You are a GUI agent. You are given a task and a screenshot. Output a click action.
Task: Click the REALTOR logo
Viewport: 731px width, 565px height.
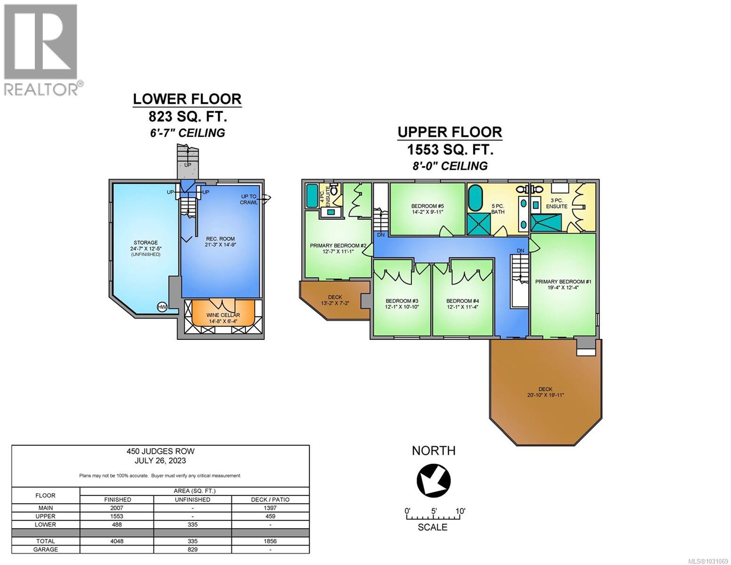point(41,49)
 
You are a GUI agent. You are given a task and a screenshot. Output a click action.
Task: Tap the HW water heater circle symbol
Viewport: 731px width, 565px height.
point(162,307)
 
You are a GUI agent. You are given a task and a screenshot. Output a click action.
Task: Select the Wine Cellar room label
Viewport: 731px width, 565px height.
point(223,318)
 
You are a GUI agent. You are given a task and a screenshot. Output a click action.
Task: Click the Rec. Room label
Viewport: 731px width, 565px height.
point(220,242)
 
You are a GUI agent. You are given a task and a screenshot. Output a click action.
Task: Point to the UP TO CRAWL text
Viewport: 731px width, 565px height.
point(249,199)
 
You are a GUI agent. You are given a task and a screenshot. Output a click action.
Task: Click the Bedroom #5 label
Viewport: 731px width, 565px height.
point(427,209)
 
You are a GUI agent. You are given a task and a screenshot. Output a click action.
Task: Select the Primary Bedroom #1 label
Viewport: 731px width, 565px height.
point(563,284)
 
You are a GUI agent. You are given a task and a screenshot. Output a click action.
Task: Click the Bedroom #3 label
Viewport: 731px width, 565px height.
point(402,304)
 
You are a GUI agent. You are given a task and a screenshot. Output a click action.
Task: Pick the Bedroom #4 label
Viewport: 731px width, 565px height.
point(462,304)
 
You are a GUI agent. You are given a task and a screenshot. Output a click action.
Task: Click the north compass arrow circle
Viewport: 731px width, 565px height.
point(434,480)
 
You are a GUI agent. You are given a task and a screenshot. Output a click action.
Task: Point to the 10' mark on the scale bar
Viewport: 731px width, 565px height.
point(460,511)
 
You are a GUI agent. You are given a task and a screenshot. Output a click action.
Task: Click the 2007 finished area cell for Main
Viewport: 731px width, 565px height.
point(117,508)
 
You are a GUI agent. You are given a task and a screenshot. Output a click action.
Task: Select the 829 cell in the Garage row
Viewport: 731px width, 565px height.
point(193,549)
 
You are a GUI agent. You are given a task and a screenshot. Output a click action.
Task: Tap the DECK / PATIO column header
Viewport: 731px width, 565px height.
point(270,500)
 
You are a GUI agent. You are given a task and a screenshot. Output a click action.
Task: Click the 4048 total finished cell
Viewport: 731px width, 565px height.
point(117,541)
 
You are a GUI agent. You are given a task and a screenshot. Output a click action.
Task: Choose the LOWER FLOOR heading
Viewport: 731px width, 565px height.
point(187,99)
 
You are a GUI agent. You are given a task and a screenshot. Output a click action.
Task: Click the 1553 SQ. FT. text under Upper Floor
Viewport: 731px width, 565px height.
point(450,150)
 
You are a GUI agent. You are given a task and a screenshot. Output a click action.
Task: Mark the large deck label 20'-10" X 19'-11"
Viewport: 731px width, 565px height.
point(545,395)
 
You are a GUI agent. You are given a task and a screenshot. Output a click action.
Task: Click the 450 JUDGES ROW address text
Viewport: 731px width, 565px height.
point(161,451)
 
